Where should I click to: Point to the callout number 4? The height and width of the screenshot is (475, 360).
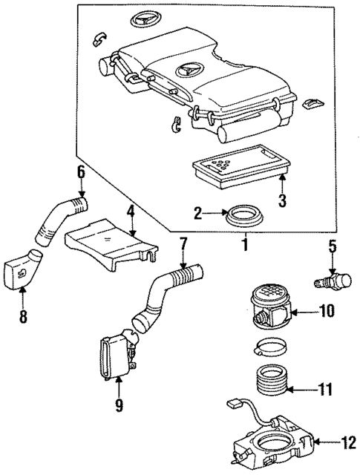tap(130, 212)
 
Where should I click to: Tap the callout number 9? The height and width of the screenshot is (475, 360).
tap(119, 405)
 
